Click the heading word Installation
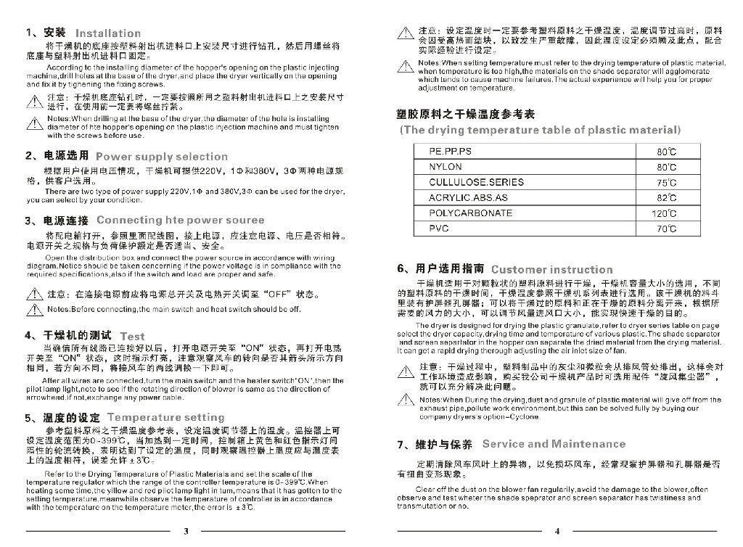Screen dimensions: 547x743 pyautogui.click(x=108, y=33)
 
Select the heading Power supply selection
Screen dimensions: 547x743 pyautogui.click(x=161, y=157)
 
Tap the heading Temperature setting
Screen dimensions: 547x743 pyautogui.click(x=165, y=418)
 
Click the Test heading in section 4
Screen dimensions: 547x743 pyautogui.click(x=132, y=337)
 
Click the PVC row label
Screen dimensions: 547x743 pyautogui.click(x=439, y=229)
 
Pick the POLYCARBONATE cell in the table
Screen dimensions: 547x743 pyautogui.click(x=470, y=213)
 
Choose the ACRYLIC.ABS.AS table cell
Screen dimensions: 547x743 pyautogui.click(x=468, y=198)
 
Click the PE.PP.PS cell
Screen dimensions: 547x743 pyautogui.click(x=450, y=152)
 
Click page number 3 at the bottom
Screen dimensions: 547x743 pyautogui.click(x=186, y=531)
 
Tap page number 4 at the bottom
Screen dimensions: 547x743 pyautogui.click(x=557, y=531)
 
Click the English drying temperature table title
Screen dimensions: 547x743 pyautogui.click(x=540, y=131)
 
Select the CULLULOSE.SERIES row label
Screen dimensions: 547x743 pyautogui.click(x=471, y=183)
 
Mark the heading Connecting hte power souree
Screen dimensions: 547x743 pyautogui.click(x=180, y=221)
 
